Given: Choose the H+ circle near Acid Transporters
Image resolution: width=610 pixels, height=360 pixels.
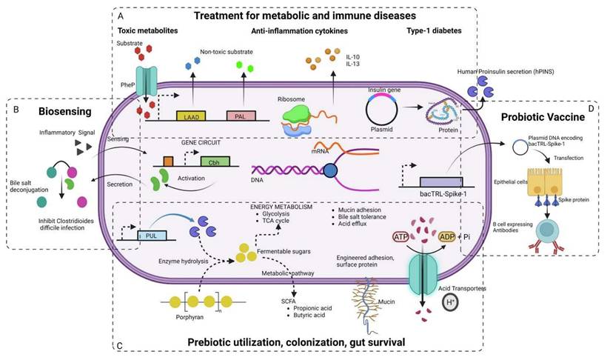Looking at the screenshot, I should (x=449, y=301).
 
